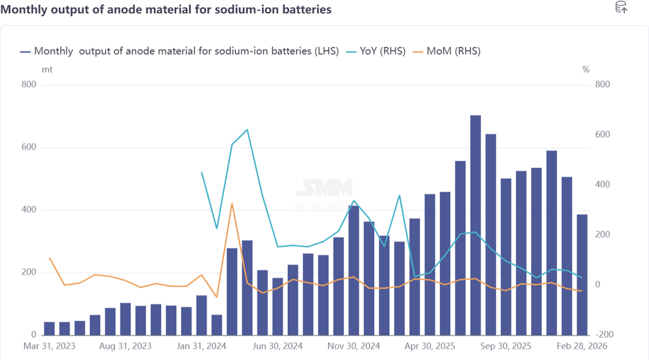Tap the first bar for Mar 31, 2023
pos(49,328)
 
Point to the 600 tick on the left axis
pos(29,148)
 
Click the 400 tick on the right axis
pos(601,184)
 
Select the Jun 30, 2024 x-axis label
pos(277,347)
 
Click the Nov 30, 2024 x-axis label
pos(353,347)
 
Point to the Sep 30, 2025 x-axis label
pos(506,347)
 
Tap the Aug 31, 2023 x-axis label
pos(125,347)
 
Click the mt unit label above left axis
pos(47,69)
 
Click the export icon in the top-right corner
pos(621,8)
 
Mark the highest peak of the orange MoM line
pos(232,203)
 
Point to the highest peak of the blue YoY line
pos(247,130)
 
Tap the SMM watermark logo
pos(324,188)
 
